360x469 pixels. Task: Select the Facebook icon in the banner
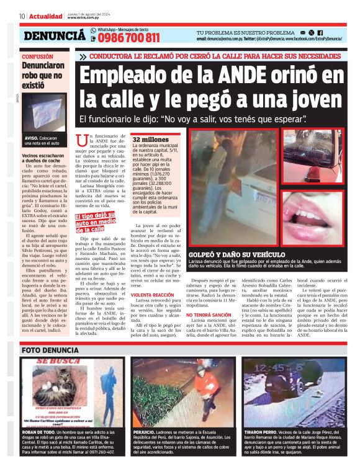pyautogui.click(x=320, y=32)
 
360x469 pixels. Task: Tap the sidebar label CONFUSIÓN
pyautogui.click(x=38, y=56)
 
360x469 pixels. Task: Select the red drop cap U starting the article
pyautogui.click(x=80, y=142)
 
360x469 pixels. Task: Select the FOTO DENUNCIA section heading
pyautogui.click(x=49, y=351)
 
